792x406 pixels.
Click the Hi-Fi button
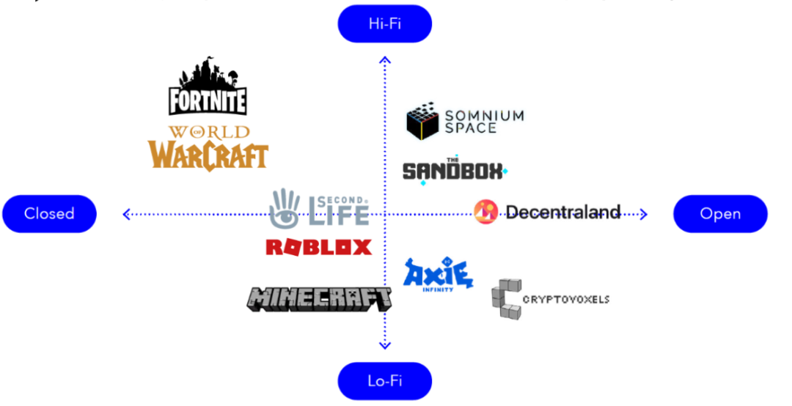[x=384, y=24]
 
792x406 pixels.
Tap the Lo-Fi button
[x=384, y=380]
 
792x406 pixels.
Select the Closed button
[x=49, y=213]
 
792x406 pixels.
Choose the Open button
[x=720, y=213]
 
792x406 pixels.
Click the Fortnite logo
[x=208, y=86]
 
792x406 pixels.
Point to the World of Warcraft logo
[x=209, y=147]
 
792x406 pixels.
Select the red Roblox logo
[x=318, y=247]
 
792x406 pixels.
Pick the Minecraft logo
[x=319, y=298]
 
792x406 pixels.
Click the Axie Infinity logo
[x=438, y=275]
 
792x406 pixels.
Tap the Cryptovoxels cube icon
[x=506, y=299]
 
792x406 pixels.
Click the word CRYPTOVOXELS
[x=566, y=299]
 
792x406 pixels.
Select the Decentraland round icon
[x=485, y=212]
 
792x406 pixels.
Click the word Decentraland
[x=562, y=213]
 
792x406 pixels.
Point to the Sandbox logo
[x=453, y=171]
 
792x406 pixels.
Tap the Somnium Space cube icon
[x=422, y=122]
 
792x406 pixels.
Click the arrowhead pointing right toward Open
[x=643, y=214]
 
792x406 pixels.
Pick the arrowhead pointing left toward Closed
[x=126, y=214]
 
